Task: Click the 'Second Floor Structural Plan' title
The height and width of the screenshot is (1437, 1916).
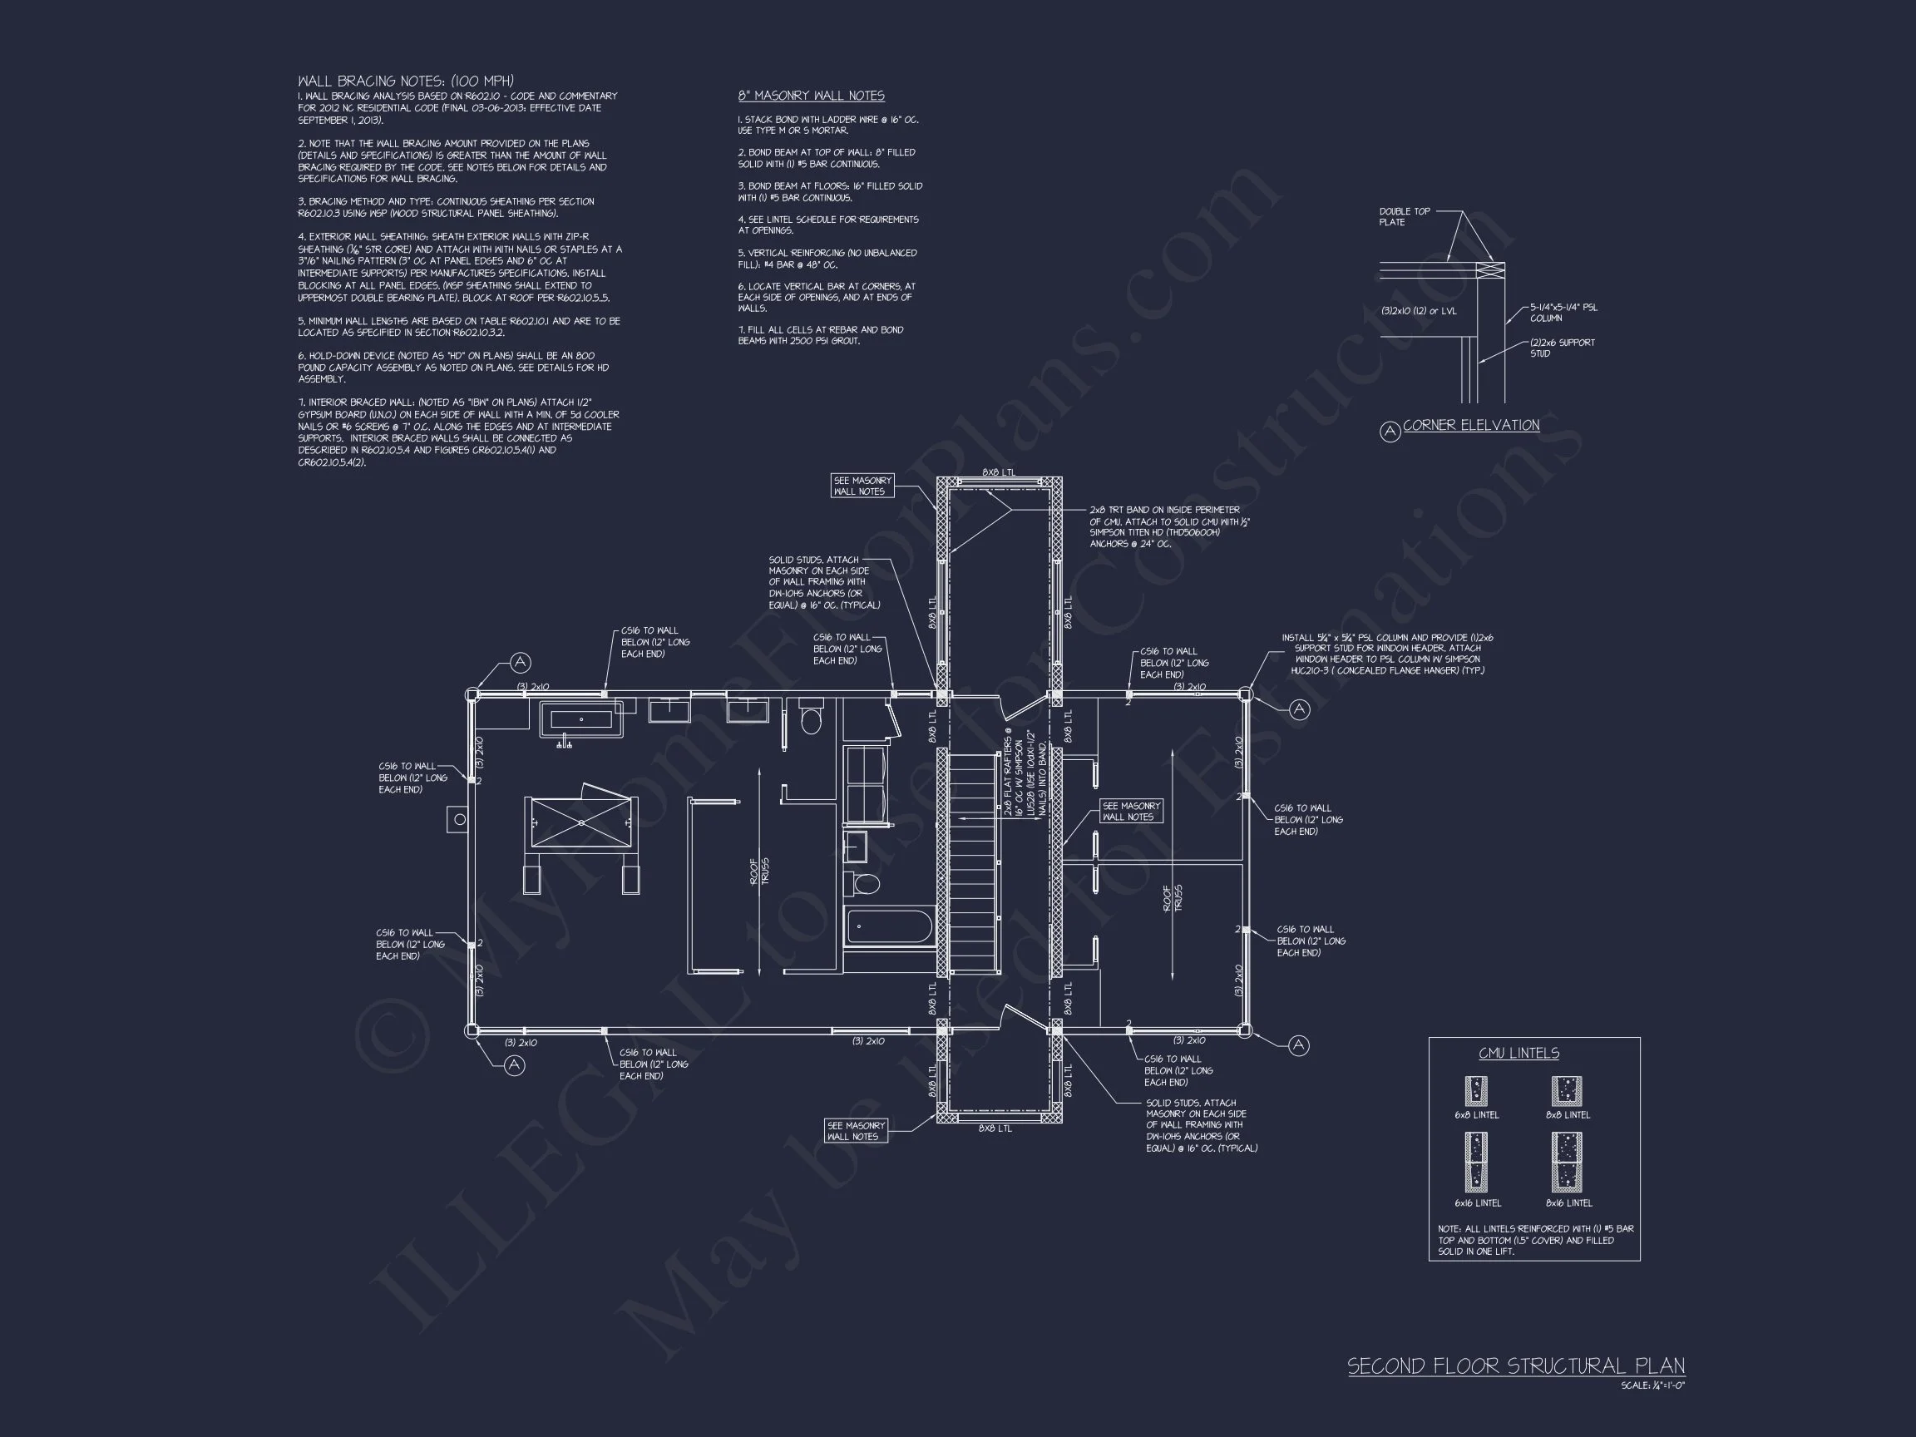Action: (x=1516, y=1367)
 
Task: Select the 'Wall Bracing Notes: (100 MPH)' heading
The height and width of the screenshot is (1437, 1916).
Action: (x=407, y=81)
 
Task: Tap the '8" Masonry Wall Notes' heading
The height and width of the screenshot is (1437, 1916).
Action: (x=811, y=96)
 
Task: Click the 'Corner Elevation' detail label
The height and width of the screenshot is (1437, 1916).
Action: (x=1471, y=425)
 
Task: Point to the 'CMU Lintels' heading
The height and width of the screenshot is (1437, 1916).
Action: (x=1518, y=1054)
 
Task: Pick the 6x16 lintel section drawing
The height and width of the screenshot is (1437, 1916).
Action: (x=1476, y=1163)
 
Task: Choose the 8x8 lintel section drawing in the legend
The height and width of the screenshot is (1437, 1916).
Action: (x=1566, y=1090)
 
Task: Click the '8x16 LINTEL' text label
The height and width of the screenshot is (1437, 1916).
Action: (x=1568, y=1203)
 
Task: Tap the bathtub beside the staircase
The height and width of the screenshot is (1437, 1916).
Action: (x=889, y=928)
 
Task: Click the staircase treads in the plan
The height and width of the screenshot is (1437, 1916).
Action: (x=975, y=862)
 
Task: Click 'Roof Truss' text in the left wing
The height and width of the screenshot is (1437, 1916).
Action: (x=758, y=871)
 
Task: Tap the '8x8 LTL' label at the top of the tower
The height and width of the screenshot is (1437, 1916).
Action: (x=999, y=472)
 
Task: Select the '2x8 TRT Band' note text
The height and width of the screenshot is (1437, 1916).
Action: (x=1168, y=526)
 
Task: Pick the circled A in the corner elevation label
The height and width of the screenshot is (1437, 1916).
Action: (x=1390, y=431)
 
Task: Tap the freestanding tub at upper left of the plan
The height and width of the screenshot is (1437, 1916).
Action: (x=581, y=720)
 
